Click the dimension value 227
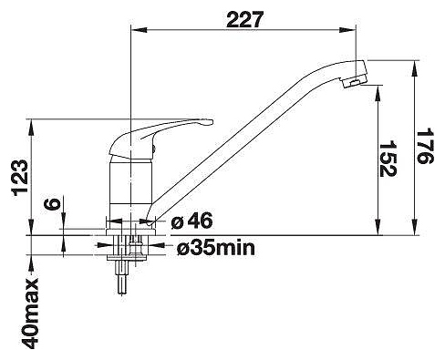coord(243,19)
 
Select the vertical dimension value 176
coord(425,146)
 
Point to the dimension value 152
coord(388,159)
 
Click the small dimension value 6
coord(52,204)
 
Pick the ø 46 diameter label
coord(191,221)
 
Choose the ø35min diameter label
coord(216,249)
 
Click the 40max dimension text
coord(30,314)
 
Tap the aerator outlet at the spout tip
coord(354,82)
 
